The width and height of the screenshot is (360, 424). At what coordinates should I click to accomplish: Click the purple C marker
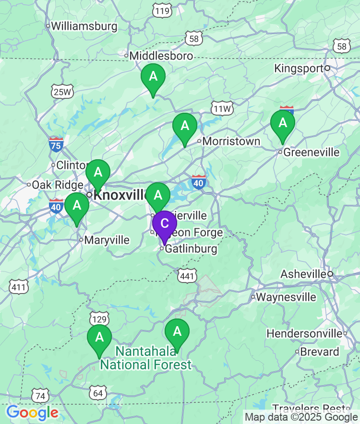[x=164, y=224]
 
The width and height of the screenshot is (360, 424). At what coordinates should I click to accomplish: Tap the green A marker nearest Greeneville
[x=283, y=124]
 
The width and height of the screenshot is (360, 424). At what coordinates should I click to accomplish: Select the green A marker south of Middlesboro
[x=153, y=77]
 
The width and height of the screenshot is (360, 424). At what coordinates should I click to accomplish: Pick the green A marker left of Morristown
[x=185, y=127]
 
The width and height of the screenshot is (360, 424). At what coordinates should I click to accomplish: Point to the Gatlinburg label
[x=191, y=249]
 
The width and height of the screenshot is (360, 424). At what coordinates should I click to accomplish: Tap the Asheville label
[x=303, y=274]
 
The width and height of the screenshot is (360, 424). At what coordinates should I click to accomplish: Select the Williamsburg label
[x=84, y=26]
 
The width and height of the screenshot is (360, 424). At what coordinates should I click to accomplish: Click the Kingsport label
[x=299, y=68]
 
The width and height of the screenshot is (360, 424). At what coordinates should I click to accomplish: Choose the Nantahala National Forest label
[x=145, y=358]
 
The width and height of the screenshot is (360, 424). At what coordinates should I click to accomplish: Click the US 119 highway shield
[x=163, y=11]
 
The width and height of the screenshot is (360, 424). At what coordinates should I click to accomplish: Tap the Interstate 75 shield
[x=56, y=144]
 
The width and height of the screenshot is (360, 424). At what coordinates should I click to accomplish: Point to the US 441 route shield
[x=187, y=276]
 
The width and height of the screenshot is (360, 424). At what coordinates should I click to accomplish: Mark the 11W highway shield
[x=222, y=109]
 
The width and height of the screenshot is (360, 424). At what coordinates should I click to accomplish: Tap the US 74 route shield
[x=41, y=396]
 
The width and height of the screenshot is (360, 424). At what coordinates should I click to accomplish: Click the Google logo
[x=32, y=412]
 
